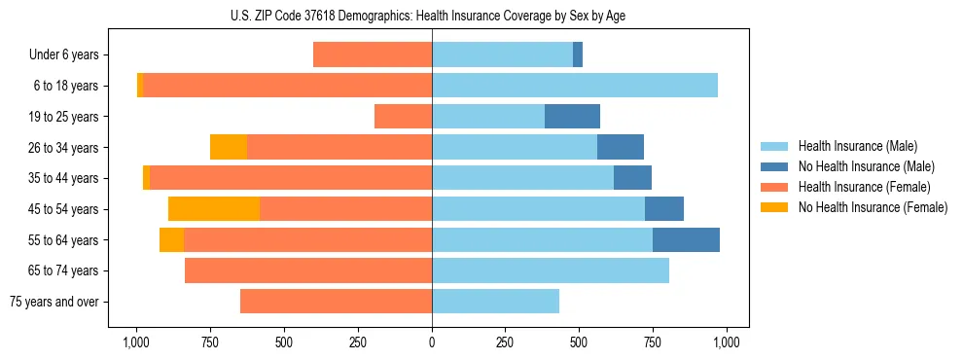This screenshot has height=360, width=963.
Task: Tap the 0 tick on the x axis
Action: click(x=432, y=342)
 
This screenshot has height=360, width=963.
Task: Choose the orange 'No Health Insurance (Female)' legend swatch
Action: click(x=775, y=207)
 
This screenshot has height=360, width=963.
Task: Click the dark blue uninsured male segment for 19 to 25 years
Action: click(x=572, y=117)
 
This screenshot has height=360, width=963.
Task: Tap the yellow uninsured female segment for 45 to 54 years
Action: click(x=214, y=209)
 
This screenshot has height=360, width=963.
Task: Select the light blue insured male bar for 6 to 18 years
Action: click(x=575, y=86)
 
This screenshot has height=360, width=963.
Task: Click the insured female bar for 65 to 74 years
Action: click(x=308, y=270)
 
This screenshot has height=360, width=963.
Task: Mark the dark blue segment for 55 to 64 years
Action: click(x=686, y=240)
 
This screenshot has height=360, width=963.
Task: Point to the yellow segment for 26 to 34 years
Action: click(x=229, y=147)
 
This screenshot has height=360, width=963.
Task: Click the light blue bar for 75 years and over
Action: click(x=495, y=302)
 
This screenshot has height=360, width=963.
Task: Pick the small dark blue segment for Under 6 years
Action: click(x=578, y=54)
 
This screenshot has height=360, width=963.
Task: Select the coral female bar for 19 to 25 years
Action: click(x=404, y=117)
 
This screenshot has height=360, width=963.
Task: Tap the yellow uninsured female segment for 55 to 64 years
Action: click(x=172, y=240)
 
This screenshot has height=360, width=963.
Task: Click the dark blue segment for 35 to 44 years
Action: click(x=632, y=178)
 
